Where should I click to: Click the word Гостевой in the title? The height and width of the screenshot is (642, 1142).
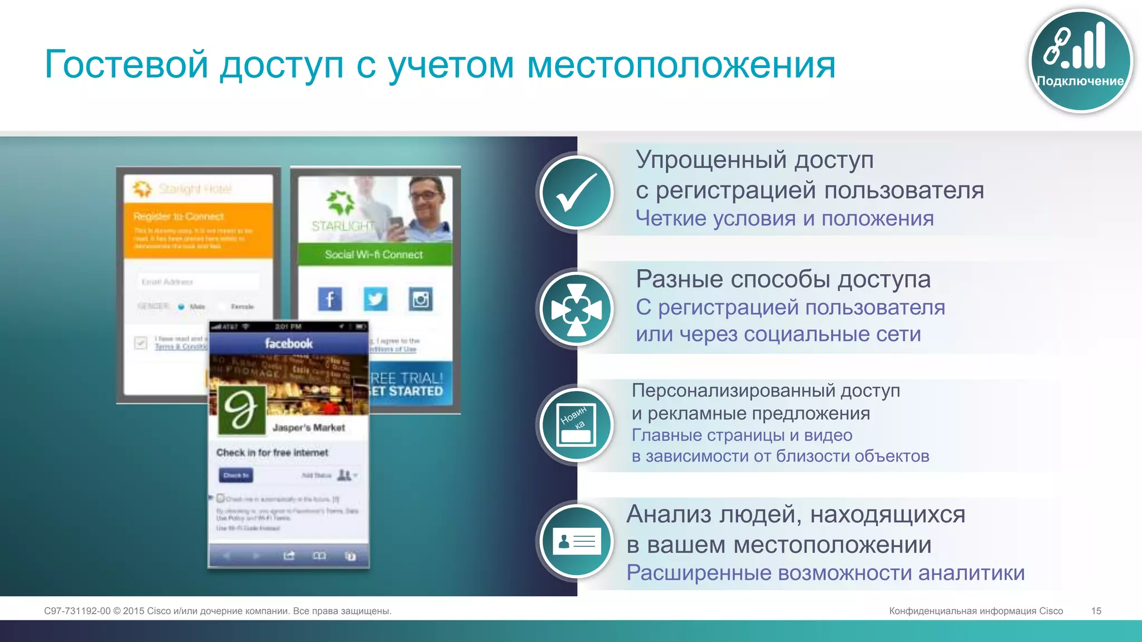pyautogui.click(x=126, y=64)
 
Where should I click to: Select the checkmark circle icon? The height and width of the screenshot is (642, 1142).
pyautogui.click(x=577, y=193)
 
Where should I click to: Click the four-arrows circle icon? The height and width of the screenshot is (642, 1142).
pyautogui.click(x=577, y=309)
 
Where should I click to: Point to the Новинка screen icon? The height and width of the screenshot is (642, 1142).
pyautogui.click(x=577, y=425)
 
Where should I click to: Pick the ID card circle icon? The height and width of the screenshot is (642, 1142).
pyautogui.click(x=577, y=541)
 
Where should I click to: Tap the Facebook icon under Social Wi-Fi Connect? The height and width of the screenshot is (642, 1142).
pyautogui.click(x=330, y=299)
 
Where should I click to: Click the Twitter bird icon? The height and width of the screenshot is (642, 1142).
pyautogui.click(x=375, y=299)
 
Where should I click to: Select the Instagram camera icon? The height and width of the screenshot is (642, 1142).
pyautogui.click(x=420, y=299)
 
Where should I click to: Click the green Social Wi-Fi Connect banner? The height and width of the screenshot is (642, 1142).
pyautogui.click(x=374, y=255)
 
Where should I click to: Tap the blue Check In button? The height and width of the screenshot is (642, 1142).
pyautogui.click(x=235, y=475)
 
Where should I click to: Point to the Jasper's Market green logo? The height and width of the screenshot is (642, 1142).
pyautogui.click(x=241, y=410)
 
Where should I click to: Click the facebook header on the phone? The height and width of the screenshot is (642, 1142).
pyautogui.click(x=288, y=343)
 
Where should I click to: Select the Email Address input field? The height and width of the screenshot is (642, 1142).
pyautogui.click(x=198, y=282)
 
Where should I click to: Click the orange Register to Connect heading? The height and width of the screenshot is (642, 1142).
pyautogui.click(x=178, y=216)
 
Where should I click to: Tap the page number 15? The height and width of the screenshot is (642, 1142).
pyautogui.click(x=1096, y=611)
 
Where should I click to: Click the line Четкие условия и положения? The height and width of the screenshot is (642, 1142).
pyautogui.click(x=784, y=218)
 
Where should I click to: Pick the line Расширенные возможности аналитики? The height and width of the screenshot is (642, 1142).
pyautogui.click(x=825, y=573)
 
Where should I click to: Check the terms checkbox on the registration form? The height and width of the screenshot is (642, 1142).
pyautogui.click(x=141, y=342)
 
